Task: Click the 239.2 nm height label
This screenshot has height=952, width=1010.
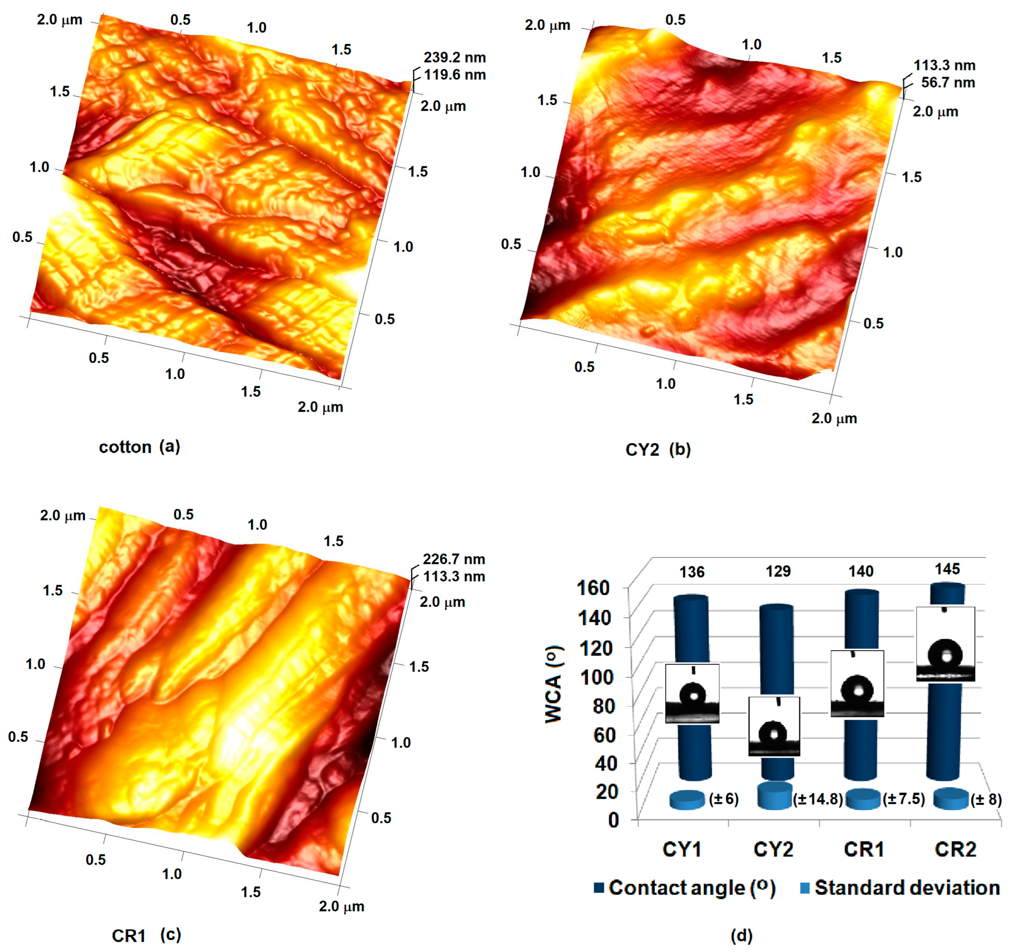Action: (x=454, y=57)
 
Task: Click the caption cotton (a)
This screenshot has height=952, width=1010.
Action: (x=139, y=447)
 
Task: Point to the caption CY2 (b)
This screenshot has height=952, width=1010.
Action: (x=657, y=449)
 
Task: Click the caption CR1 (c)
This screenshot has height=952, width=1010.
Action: (x=146, y=935)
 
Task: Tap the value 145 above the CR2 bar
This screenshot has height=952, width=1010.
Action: (x=947, y=569)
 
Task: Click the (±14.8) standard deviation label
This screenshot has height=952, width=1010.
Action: (x=818, y=799)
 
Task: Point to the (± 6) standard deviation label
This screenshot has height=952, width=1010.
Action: (x=724, y=799)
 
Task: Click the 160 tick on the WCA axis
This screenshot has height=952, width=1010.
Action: (x=593, y=588)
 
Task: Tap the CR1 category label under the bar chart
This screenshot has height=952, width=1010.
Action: (x=864, y=849)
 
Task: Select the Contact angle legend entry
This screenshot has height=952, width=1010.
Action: (x=684, y=888)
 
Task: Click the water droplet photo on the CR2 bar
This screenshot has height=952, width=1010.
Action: (x=946, y=644)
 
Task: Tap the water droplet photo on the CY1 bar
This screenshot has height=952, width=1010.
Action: (x=692, y=693)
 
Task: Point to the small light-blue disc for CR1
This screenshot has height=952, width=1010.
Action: (x=862, y=799)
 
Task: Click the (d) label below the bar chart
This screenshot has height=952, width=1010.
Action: (x=741, y=935)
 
